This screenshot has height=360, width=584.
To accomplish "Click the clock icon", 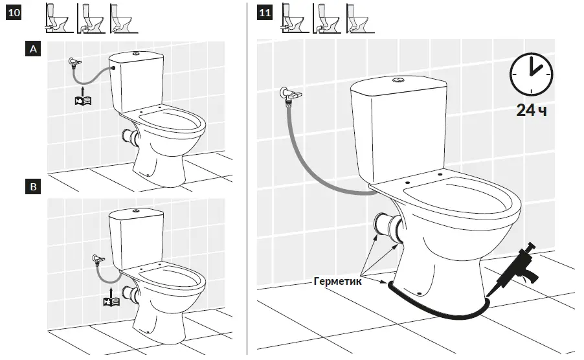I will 532,74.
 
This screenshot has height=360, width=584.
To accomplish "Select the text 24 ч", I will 532,111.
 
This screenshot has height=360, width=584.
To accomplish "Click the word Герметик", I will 337,282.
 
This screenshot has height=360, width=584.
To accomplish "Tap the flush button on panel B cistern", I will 135,211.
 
